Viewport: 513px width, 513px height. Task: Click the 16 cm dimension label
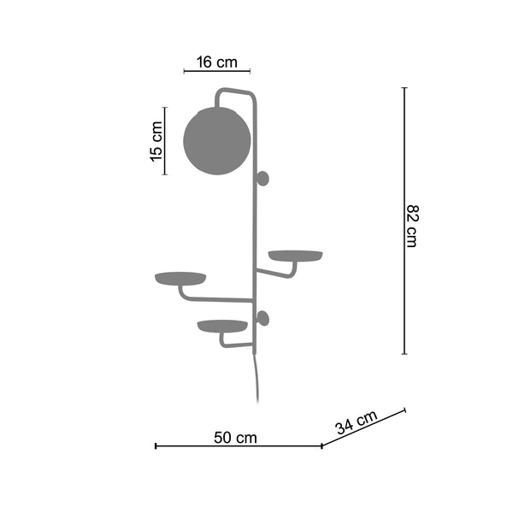[x=216, y=62]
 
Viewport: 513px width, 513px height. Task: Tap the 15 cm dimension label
[x=156, y=141]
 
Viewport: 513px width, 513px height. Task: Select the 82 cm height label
[x=412, y=226]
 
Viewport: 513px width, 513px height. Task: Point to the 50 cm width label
[x=235, y=438]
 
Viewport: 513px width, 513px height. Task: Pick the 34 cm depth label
[x=357, y=422]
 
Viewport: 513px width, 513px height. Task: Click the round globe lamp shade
[x=217, y=141]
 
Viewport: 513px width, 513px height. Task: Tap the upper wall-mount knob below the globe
[x=262, y=179]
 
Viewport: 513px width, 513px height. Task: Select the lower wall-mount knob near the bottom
[x=263, y=319]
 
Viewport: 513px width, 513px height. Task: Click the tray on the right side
[x=296, y=256]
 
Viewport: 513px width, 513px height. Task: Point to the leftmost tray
[x=180, y=279]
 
